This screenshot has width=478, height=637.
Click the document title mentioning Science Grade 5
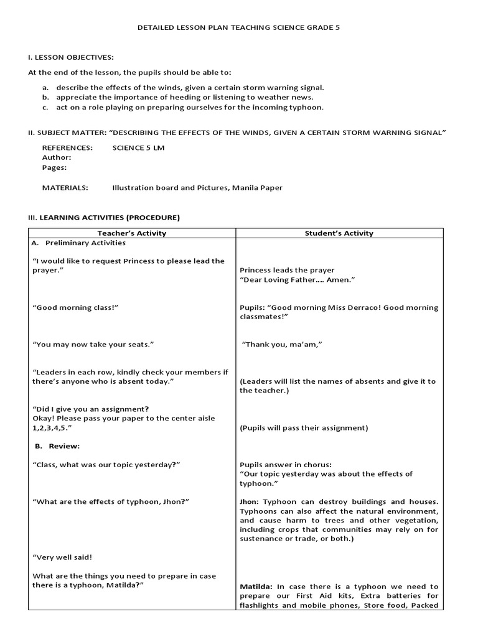[238, 28]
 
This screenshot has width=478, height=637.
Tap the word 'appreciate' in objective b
[75, 98]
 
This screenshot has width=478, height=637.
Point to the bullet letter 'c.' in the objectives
[46, 108]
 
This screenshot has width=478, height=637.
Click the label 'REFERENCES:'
[67, 148]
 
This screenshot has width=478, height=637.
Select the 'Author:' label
[56, 158]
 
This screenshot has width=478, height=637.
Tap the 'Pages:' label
[54, 167]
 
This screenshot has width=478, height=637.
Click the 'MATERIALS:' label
[65, 187]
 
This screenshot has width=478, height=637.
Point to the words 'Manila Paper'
[257, 187]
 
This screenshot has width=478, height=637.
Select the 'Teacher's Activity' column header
[132, 233]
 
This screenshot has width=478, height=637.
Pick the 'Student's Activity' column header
[339, 233]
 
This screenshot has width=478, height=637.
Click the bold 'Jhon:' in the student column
[250, 501]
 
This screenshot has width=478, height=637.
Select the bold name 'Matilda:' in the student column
[256, 587]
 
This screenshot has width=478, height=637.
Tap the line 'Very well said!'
[62, 557]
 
